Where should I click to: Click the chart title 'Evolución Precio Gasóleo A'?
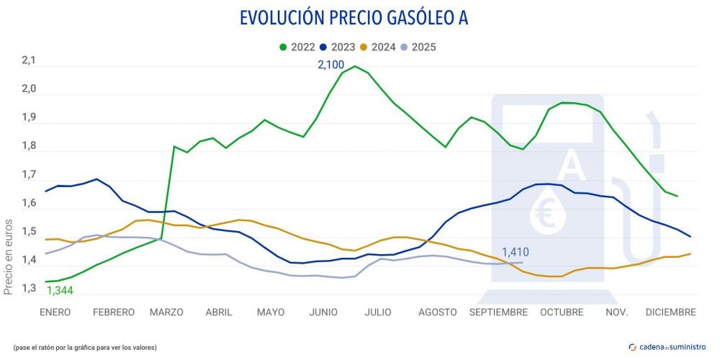[x=353, y=17]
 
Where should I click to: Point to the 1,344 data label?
[x=60, y=291]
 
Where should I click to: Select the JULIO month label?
[x=377, y=312]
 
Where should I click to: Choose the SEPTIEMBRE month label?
[x=498, y=312]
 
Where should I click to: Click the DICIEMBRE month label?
[x=670, y=312]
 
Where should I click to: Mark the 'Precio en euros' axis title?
[x=9, y=257]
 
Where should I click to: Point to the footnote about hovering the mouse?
[x=84, y=347]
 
